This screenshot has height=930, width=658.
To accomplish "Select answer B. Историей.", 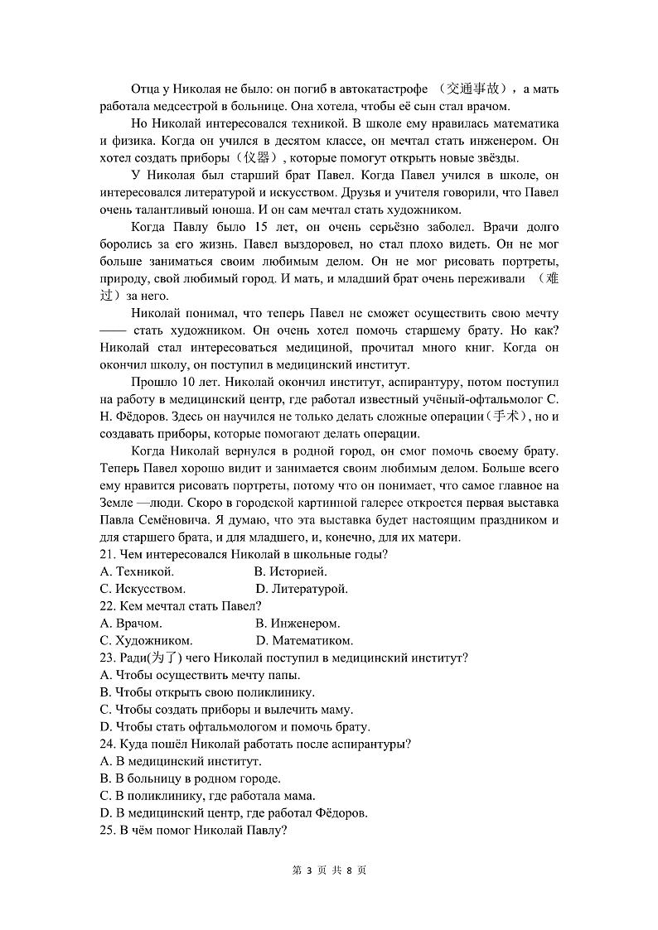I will click(291, 571).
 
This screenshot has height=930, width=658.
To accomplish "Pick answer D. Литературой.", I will click(302, 589).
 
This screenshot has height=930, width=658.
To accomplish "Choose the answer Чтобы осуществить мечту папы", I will click(200, 675).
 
